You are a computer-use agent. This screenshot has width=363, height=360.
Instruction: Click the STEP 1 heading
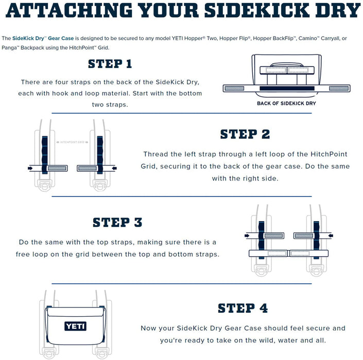(x=110, y=64)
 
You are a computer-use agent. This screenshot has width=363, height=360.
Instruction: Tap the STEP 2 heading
(x=245, y=134)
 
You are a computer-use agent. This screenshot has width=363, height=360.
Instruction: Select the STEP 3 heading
(x=117, y=222)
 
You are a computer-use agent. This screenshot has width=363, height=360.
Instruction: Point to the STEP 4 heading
(x=243, y=308)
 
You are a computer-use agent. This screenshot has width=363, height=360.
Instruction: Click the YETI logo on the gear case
(x=75, y=326)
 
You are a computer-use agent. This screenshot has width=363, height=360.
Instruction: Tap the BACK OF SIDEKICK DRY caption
(x=286, y=103)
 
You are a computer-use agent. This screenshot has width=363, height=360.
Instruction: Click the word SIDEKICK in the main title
(x=257, y=10)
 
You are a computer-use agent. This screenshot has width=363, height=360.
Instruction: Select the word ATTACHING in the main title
(x=69, y=10)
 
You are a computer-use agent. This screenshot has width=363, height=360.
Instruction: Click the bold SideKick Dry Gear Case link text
(x=43, y=39)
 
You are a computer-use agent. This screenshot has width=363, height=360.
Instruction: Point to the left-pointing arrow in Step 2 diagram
(x=114, y=168)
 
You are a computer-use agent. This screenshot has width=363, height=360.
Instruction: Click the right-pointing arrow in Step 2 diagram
(x=30, y=168)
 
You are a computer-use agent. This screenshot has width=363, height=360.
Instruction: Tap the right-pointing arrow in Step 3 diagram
(x=247, y=236)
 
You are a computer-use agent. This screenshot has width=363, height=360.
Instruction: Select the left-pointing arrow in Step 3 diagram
(x=331, y=236)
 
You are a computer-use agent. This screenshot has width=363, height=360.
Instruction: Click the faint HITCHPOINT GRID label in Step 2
(x=72, y=142)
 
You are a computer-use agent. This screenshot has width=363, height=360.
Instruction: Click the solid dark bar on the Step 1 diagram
(x=287, y=88)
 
